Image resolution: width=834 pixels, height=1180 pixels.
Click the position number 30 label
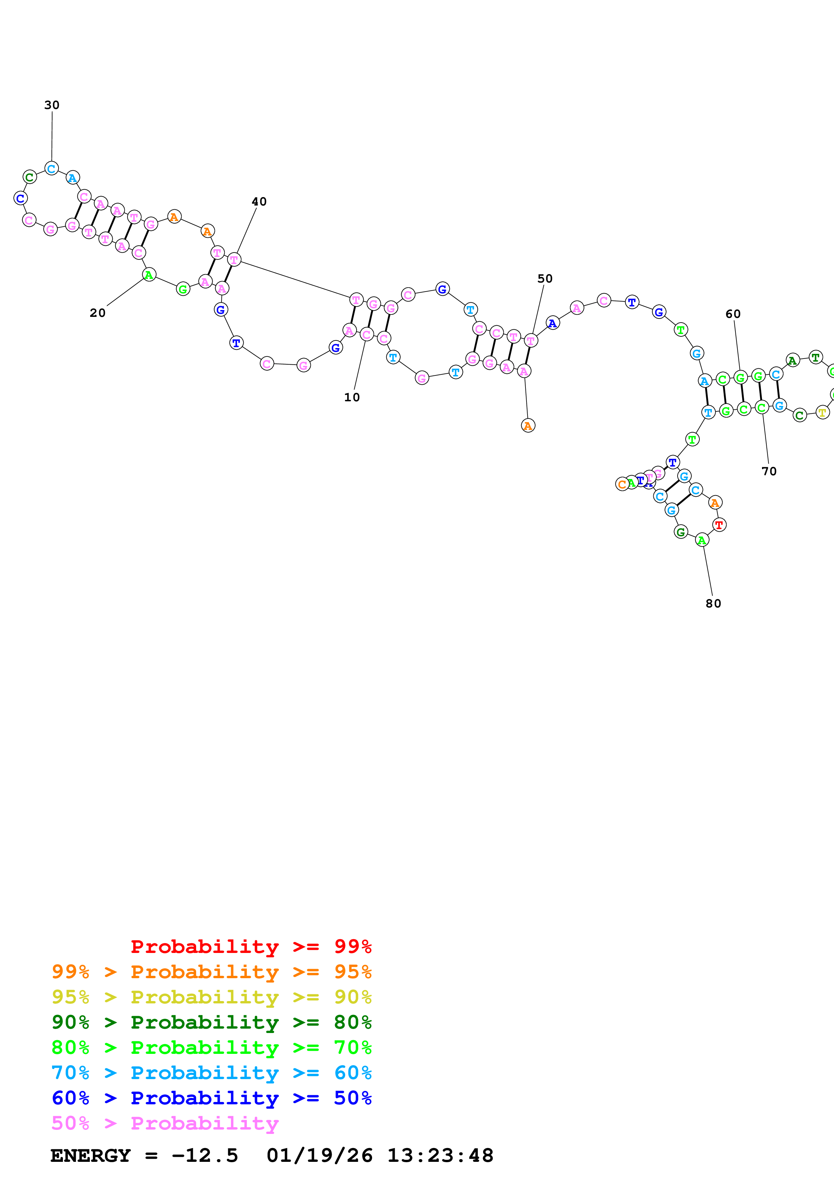(52, 105)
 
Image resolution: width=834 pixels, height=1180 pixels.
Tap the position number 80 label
(713, 604)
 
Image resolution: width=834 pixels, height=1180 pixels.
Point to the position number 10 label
(352, 397)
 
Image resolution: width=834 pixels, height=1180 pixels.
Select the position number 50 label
(545, 279)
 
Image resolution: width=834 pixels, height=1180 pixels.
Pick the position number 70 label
(769, 471)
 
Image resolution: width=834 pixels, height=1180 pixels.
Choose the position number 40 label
(259, 201)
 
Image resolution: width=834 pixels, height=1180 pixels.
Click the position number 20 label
(98, 313)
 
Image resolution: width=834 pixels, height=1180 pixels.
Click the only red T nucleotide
(719, 525)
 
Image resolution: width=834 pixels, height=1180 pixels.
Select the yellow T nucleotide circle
(822, 412)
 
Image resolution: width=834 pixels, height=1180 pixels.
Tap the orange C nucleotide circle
(622, 484)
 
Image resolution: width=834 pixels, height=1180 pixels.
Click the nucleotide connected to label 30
(51, 169)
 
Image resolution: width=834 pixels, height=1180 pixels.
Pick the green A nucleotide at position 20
(149, 275)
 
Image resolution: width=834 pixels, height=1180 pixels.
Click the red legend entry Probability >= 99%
(251, 947)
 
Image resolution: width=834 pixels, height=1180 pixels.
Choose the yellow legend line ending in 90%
(211, 997)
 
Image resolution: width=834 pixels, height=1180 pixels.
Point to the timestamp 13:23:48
(440, 1156)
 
